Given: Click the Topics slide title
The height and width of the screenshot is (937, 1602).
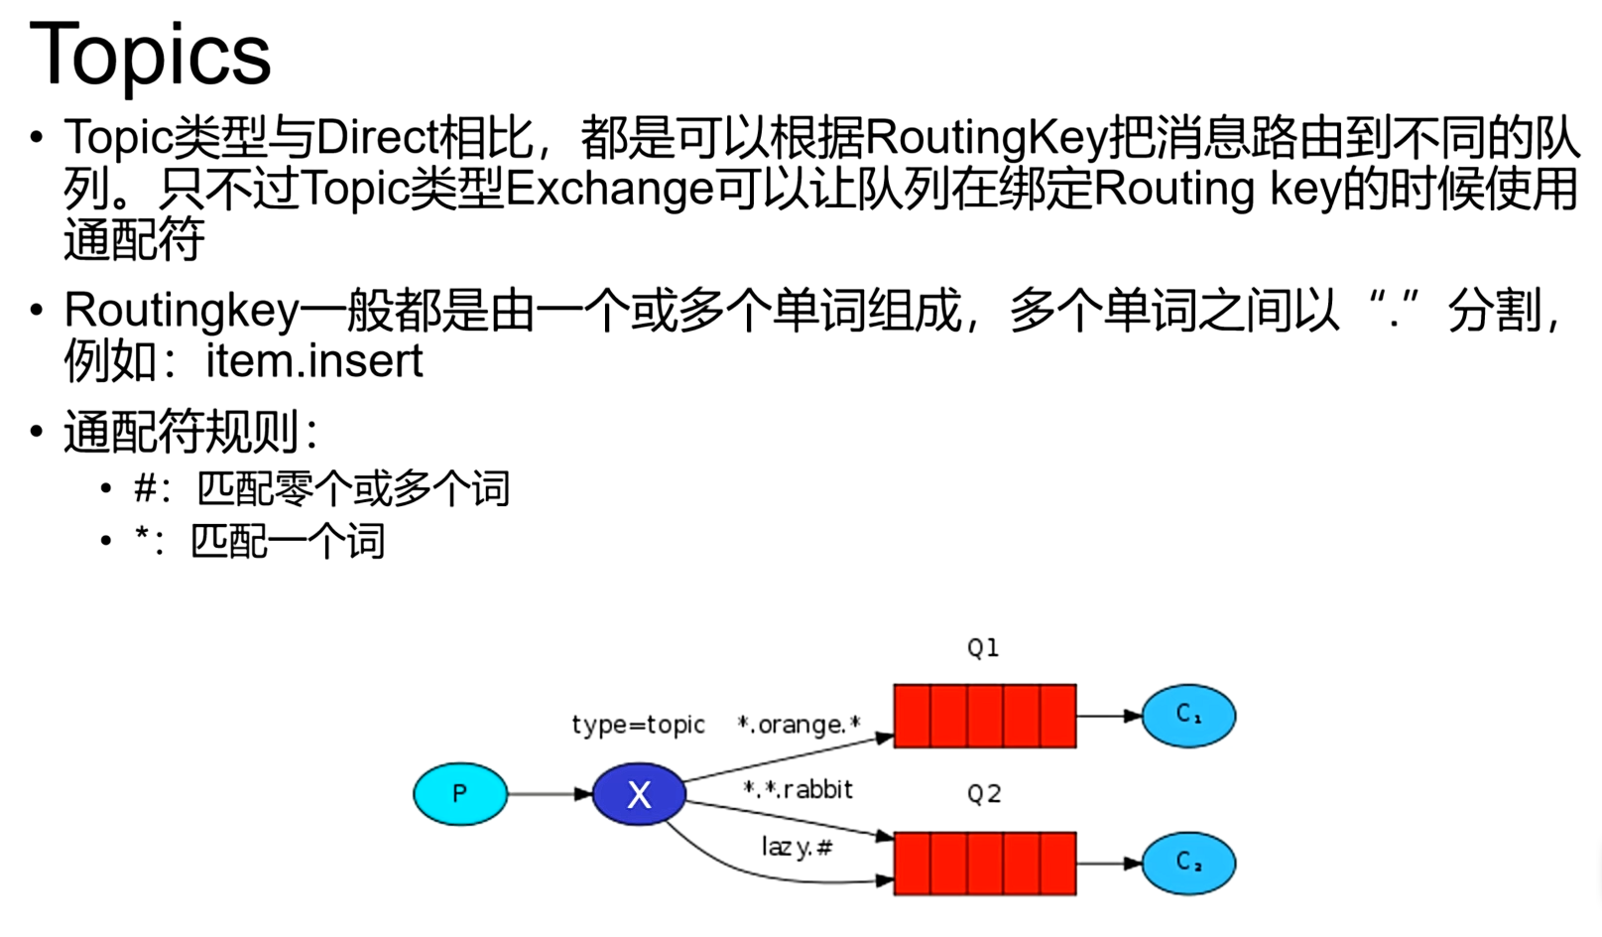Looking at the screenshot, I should pos(150,54).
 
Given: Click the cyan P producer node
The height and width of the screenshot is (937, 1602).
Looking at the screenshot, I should pos(459,794).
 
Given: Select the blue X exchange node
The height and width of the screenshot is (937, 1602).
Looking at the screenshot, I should pos(639,794).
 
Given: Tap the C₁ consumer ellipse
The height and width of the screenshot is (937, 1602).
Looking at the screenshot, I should pos(1188,716).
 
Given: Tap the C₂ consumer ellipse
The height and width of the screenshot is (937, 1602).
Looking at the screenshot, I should pos(1188,863).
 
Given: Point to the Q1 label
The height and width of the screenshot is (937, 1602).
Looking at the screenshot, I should pos(983,648).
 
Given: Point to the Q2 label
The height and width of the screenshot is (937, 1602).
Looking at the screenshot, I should pos(984,794).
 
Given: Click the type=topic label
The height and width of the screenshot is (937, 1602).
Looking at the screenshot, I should pos(638,725).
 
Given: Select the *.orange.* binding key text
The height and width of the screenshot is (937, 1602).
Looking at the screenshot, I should pos(799,725).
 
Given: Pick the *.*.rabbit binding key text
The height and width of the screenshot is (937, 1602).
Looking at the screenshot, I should pos(799,789).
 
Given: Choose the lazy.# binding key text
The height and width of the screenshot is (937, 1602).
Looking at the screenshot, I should pos(797,847).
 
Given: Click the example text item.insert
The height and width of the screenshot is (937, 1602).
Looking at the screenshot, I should pos(314,360).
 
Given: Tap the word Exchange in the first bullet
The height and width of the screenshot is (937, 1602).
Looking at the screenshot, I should pos(609,189).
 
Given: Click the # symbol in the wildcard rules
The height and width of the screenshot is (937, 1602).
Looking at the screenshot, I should pos(146,488).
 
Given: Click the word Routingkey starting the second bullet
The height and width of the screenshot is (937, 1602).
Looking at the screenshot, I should pos(181,311).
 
